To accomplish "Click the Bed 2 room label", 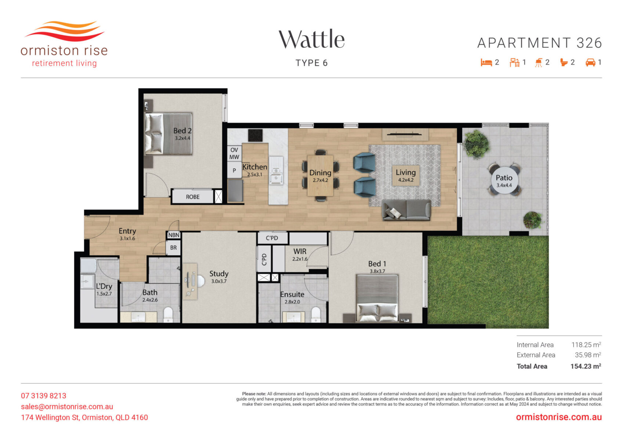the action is point(182,130).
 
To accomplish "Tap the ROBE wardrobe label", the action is point(192,197).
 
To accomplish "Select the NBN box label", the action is point(174,235).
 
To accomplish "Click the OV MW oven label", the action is point(234,153).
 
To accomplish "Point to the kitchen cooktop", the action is point(255,136).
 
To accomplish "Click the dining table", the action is point(320,175).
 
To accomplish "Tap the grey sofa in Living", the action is point(407,210).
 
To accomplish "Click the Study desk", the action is point(190,282).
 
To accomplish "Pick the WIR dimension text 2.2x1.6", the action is point(300,259).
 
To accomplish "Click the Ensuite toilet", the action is point(316,315).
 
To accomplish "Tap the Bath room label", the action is point(150,293).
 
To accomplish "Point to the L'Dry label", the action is point(104,287).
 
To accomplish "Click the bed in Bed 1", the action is point(377,298).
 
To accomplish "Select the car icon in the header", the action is point(590,62).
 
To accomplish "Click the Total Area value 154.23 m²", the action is point(586,367).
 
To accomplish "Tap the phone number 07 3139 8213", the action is point(44,396).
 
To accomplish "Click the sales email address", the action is point(67,407).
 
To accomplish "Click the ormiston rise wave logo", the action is point(65,31).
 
